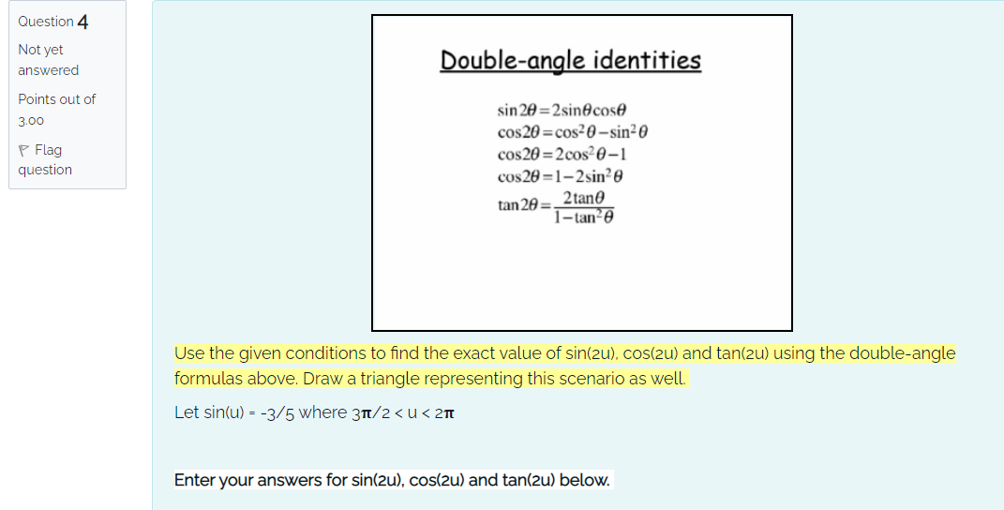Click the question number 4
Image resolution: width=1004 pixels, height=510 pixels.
[x=83, y=22]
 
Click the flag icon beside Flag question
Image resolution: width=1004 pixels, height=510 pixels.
[x=23, y=150]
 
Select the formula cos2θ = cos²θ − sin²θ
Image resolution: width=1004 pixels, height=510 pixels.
[x=573, y=132]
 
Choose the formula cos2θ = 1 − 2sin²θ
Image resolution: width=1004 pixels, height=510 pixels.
[x=569, y=176]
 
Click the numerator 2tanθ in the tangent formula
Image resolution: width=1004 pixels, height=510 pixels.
[x=585, y=198]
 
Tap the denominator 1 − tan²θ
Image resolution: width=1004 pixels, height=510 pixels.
[x=585, y=217]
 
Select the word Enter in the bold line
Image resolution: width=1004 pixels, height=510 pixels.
[x=196, y=481]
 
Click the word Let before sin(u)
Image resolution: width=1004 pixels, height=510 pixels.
[x=187, y=413]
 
